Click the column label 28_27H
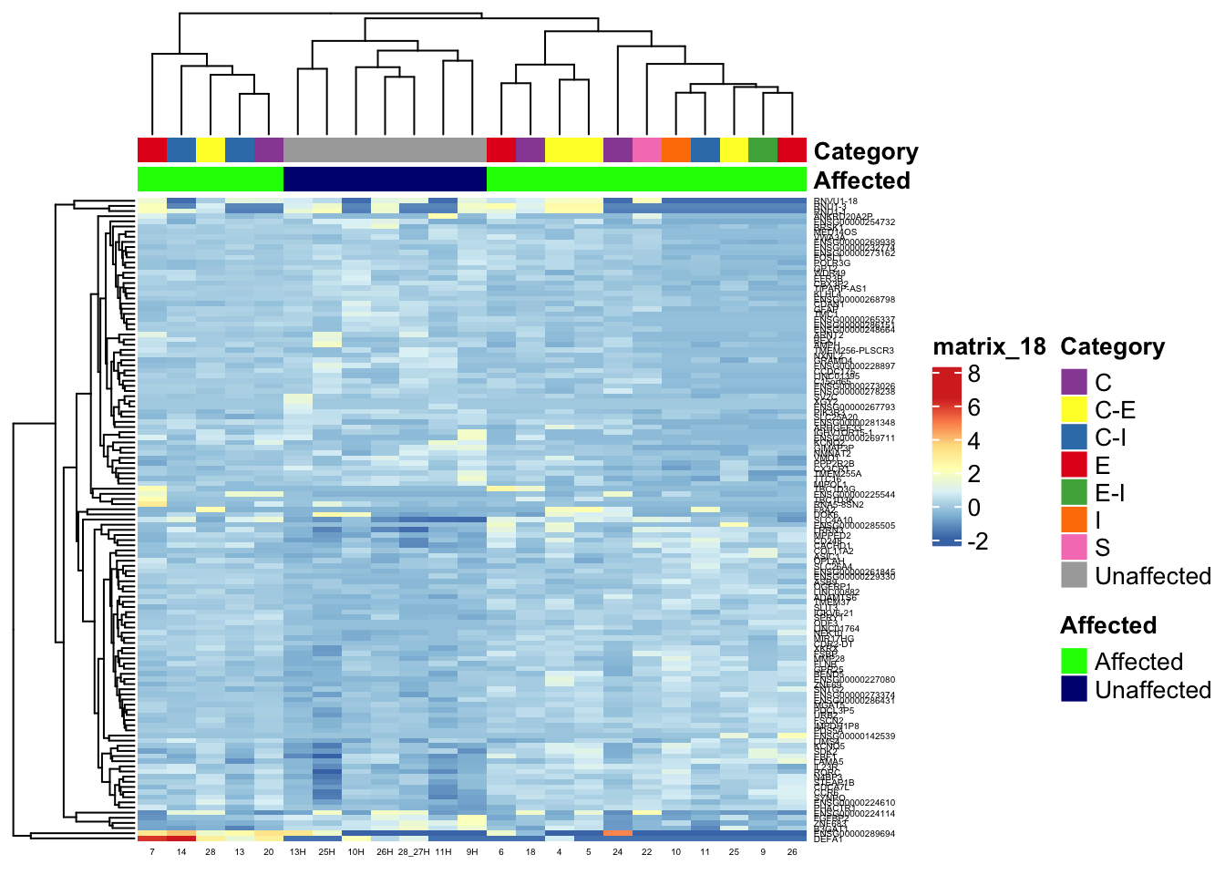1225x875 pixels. coord(414,852)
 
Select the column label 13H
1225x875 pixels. coord(298,852)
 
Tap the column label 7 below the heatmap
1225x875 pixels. coord(152,852)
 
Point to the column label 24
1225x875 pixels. coord(617,852)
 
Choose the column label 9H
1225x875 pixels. coord(472,852)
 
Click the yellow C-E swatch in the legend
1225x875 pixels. coord(1075,410)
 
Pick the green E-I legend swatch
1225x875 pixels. coord(1075,493)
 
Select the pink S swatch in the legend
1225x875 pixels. coord(1075,548)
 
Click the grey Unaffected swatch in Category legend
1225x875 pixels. coord(1075,576)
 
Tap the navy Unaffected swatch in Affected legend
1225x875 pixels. coord(1075,689)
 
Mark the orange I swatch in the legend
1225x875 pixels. coord(1075,520)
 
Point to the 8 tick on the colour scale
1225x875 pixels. coord(974,374)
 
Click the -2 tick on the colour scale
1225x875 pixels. coord(976,541)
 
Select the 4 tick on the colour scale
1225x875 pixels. coord(974,441)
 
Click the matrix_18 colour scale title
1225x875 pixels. coord(989,346)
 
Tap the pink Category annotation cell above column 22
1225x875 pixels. coord(646,149)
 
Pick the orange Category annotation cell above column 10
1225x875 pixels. coord(675,149)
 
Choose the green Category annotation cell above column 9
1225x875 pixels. coord(763,149)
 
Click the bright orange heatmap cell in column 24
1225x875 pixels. coord(617,832)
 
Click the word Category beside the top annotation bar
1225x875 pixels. coord(865,151)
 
